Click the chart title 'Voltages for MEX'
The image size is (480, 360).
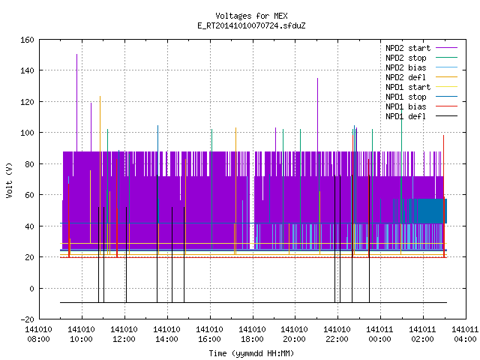coord(251,16)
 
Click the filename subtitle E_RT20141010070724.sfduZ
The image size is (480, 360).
coord(251,25)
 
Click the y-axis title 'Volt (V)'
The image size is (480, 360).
coord(9,180)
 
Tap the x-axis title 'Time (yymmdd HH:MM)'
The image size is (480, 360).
coord(251,353)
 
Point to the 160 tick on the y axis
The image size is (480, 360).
coord(27,40)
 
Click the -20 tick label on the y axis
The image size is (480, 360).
coord(27,319)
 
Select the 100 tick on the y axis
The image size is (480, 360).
coord(27,133)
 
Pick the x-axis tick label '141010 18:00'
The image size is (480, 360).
coord(252,334)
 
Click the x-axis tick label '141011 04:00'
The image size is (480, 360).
coord(465,334)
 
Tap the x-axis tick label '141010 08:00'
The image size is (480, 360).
coord(38,334)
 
